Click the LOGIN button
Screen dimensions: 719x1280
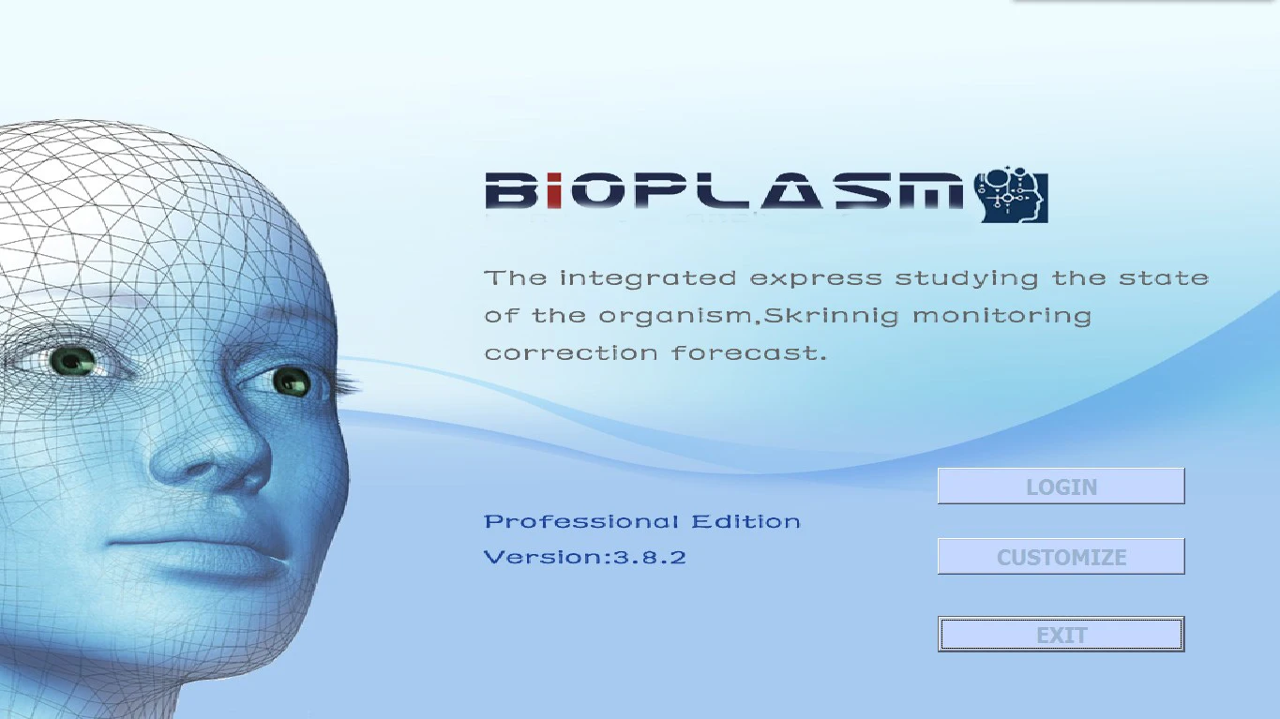pyautogui.click(x=1061, y=487)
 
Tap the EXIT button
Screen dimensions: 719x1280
pyautogui.click(x=1061, y=635)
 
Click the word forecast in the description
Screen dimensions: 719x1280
pyautogui.click(x=749, y=353)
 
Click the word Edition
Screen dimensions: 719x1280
pyautogui.click(x=746, y=522)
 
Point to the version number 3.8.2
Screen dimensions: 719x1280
pyautogui.click(x=650, y=558)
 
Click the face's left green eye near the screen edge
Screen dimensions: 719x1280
pyautogui.click(x=72, y=359)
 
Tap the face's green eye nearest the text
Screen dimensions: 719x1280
pyautogui.click(x=291, y=380)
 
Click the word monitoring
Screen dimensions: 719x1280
pyautogui.click(x=1002, y=316)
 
